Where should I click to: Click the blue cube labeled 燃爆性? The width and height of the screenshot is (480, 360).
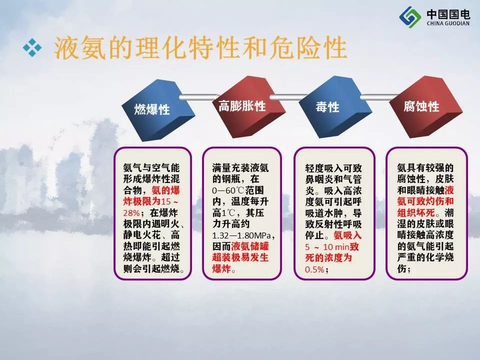pos(157,109)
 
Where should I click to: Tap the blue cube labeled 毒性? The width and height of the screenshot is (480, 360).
pos(335,107)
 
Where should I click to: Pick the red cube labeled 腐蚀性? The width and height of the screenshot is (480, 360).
pos(426,107)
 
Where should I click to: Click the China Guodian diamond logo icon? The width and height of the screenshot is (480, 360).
pos(410,17)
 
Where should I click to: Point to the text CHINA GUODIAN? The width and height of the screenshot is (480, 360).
pos(448,23)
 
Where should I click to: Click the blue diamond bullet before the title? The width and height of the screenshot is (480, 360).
pos(32,48)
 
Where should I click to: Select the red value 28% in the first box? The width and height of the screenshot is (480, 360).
pos(131,213)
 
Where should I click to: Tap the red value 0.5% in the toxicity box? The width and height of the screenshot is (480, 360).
pos(314,269)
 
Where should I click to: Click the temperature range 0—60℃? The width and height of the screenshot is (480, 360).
pos(228,190)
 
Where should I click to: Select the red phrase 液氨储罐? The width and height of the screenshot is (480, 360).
pos(250,246)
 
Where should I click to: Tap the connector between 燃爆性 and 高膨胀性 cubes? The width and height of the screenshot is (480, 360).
pos(199,97)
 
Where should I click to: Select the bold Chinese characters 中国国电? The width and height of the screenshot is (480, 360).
pos(448,14)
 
